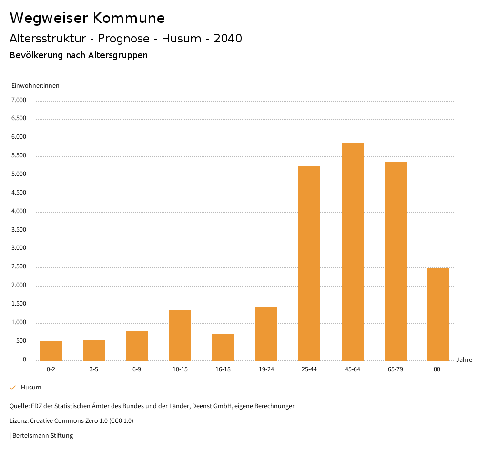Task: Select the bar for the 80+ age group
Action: (x=438, y=314)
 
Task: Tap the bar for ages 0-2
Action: (x=51, y=350)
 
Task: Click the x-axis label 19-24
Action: (x=266, y=369)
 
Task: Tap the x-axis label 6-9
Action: (x=137, y=369)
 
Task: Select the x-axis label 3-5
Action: (x=94, y=369)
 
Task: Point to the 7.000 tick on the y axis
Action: (x=19, y=100)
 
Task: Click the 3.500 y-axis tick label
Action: (x=19, y=230)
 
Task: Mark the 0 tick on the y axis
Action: (x=24, y=359)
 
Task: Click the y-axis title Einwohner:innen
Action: (x=35, y=86)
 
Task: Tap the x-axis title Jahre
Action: (x=464, y=360)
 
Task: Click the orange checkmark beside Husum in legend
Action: (x=13, y=388)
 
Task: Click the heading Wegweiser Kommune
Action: (x=87, y=18)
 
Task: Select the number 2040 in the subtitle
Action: (x=228, y=39)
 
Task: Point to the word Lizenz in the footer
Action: (x=18, y=420)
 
